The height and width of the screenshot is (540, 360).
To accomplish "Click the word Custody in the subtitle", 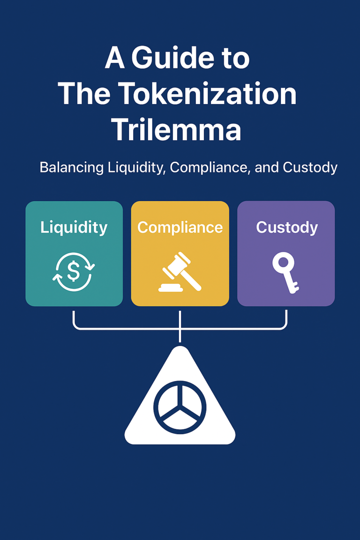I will pyautogui.click(x=308, y=167).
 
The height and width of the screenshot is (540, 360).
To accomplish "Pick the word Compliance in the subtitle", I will pyautogui.click(x=209, y=167).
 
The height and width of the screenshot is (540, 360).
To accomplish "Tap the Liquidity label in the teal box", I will pyautogui.click(x=74, y=227).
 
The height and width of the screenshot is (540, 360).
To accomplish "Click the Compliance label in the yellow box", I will pyautogui.click(x=180, y=227).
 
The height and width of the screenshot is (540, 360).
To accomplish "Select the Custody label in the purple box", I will pyautogui.click(x=286, y=227).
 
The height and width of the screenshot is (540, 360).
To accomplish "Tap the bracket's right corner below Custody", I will pyautogui.click(x=285, y=327).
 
